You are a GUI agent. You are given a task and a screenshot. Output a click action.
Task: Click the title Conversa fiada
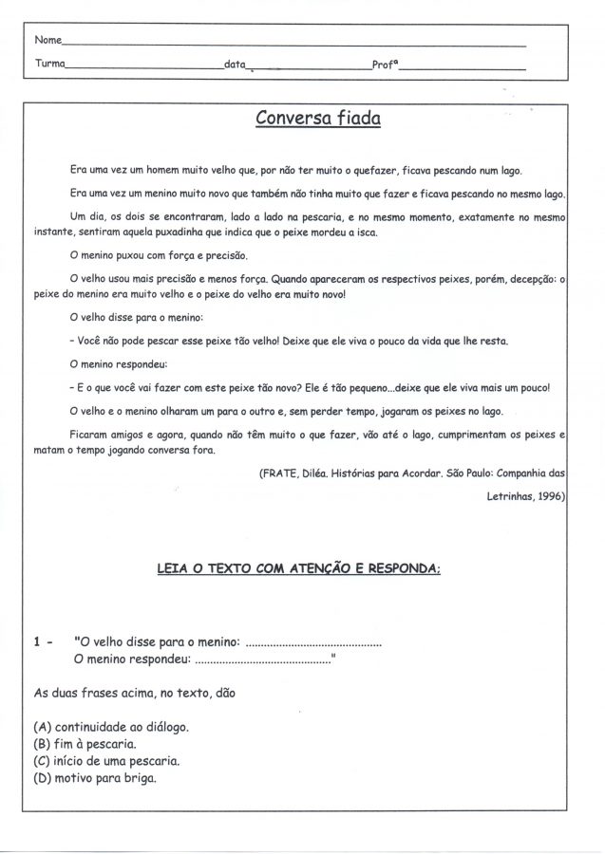(x=318, y=119)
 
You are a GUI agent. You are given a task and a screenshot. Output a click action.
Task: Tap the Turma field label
(x=49, y=65)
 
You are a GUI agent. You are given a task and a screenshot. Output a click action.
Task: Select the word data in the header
(x=234, y=65)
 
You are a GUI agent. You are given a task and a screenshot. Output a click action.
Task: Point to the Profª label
(x=384, y=65)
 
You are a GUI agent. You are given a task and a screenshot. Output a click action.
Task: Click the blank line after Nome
(x=294, y=44)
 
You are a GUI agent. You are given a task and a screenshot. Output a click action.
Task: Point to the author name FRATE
(x=280, y=473)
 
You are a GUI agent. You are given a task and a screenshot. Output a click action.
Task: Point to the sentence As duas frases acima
(x=133, y=692)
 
